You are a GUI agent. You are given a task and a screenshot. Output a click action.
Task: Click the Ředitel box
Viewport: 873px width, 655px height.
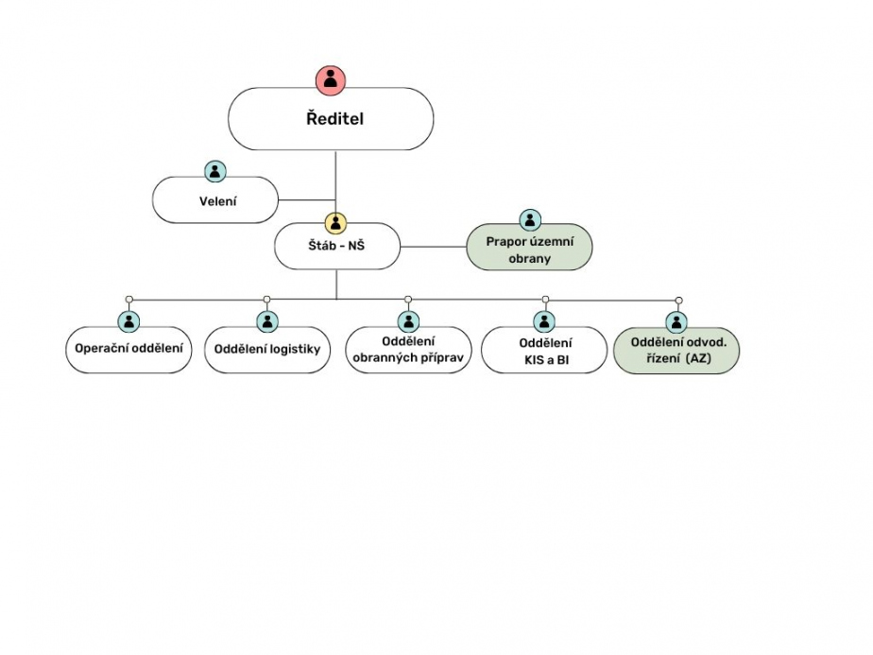(x=331, y=119)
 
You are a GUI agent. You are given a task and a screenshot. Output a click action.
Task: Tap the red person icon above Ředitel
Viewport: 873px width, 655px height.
(x=331, y=79)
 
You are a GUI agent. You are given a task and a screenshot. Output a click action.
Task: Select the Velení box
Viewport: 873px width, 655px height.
(x=216, y=199)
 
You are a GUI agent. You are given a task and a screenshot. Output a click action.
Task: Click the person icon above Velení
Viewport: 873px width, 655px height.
(x=216, y=171)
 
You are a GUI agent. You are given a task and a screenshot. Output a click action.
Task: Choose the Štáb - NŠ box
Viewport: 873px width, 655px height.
(x=336, y=247)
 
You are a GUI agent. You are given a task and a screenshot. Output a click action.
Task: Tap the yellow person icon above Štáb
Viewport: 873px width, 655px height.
(x=336, y=223)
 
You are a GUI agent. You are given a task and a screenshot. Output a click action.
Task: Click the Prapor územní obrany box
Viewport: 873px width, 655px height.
(x=530, y=249)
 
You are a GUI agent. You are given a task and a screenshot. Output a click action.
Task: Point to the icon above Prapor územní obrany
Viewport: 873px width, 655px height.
(x=530, y=220)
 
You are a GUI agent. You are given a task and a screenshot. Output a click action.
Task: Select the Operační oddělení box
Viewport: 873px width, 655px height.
(x=129, y=349)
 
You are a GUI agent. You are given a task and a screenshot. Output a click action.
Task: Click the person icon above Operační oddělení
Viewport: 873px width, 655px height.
(x=129, y=321)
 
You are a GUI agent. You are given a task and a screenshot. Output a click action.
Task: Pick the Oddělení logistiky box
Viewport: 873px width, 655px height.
(x=267, y=349)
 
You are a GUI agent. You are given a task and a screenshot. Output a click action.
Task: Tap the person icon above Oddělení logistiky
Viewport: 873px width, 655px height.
(x=267, y=321)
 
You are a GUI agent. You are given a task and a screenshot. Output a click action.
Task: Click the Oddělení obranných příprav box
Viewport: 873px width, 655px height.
(x=408, y=350)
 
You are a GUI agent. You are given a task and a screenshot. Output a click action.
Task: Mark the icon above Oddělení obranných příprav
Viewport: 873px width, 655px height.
(x=408, y=321)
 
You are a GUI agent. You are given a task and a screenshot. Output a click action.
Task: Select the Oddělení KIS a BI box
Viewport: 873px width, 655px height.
(x=545, y=350)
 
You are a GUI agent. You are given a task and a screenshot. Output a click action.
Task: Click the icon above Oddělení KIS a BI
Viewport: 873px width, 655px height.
(x=545, y=321)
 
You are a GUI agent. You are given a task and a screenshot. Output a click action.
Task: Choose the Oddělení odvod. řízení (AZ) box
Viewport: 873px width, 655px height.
(x=677, y=350)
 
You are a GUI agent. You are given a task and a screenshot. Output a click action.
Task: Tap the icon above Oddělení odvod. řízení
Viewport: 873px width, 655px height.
(x=677, y=321)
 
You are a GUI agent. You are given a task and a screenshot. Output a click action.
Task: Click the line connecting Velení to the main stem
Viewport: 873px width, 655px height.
(x=307, y=199)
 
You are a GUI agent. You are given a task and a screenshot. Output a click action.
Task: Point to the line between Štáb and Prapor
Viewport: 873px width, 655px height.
(x=433, y=247)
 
